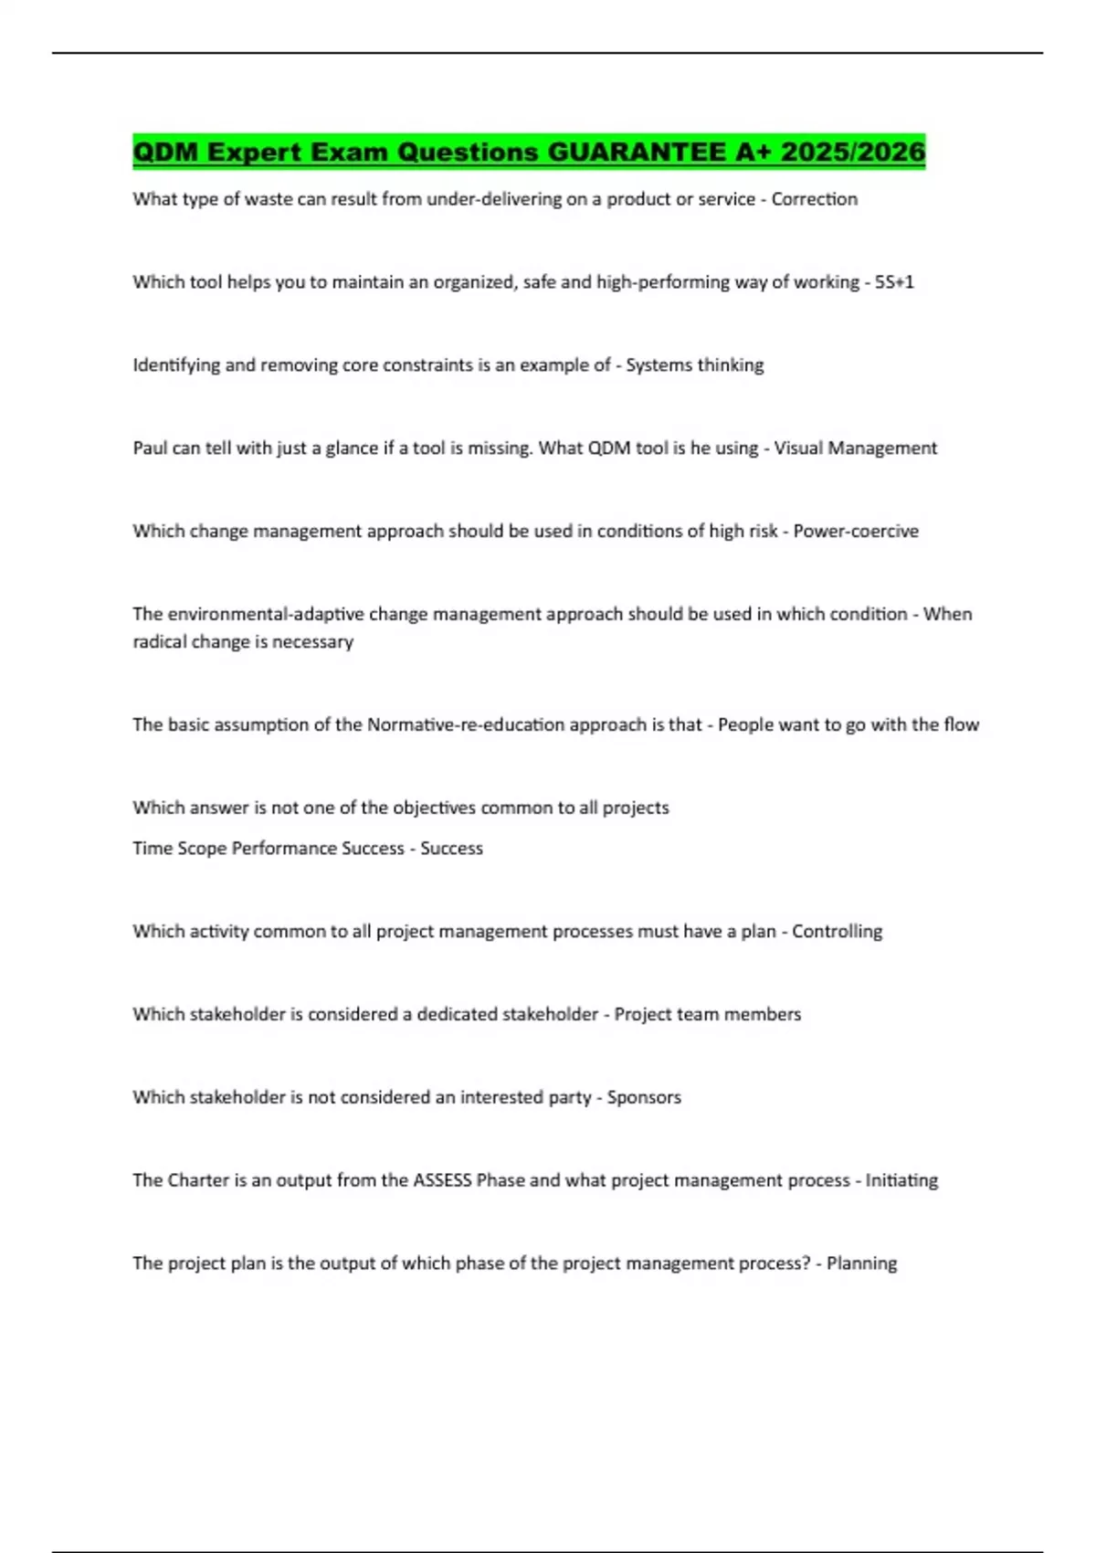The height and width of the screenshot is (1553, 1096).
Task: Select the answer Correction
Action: coord(814,199)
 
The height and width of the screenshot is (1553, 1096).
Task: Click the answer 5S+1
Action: coord(894,282)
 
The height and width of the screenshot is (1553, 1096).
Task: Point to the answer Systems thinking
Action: coord(694,365)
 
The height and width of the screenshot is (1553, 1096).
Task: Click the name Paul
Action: coord(150,449)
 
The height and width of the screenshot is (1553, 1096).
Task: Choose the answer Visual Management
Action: coord(855,449)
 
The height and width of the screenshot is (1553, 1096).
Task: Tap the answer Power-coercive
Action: coord(855,532)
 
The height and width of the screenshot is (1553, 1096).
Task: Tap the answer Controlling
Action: coord(837,932)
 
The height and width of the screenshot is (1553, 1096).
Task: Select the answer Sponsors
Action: coord(644,1098)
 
